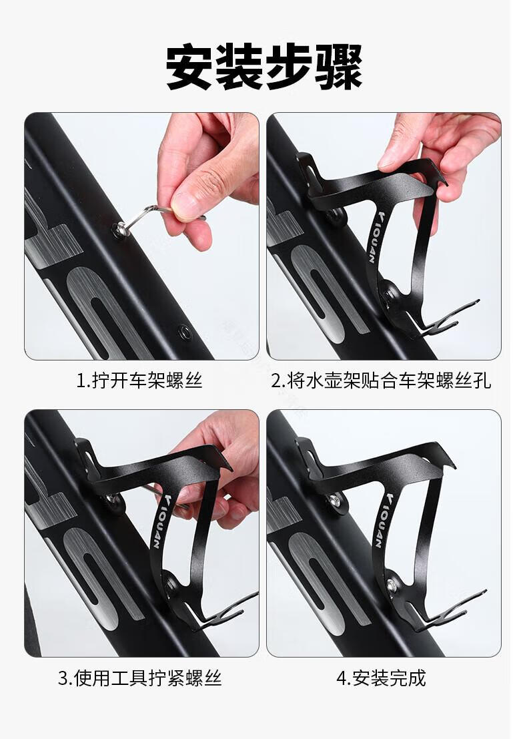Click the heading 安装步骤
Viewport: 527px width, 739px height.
[x=263, y=67]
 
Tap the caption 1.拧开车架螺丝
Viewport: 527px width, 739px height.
[x=139, y=380]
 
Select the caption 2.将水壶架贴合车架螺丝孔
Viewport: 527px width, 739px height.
[x=381, y=380]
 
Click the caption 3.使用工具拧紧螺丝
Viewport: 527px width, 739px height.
[x=140, y=678]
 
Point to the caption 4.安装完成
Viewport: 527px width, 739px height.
[x=381, y=678]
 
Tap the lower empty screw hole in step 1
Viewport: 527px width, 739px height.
[x=183, y=331]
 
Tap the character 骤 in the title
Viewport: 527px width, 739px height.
[x=339, y=67]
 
